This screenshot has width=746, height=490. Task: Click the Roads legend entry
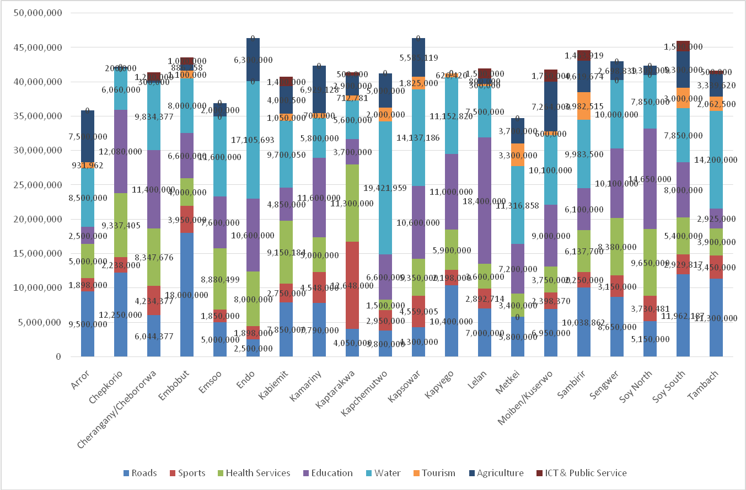pos(140,473)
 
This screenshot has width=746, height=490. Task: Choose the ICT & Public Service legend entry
pos(581,473)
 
